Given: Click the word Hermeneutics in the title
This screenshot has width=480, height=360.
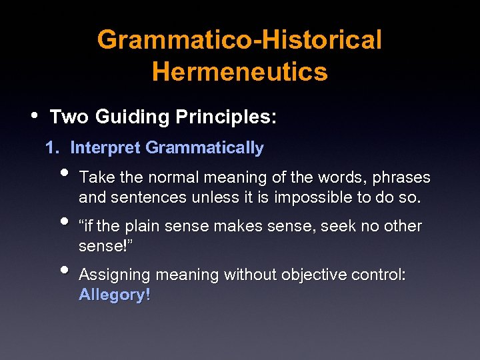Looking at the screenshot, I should pyautogui.click(x=240, y=71).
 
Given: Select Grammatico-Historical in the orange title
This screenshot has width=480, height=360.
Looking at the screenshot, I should pyautogui.click(x=240, y=40).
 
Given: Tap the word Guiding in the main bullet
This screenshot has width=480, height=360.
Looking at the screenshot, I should pyautogui.click(x=133, y=117).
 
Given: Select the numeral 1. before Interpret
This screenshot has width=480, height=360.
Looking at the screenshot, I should pyautogui.click(x=54, y=148).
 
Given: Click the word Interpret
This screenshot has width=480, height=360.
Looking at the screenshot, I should pyautogui.click(x=105, y=148).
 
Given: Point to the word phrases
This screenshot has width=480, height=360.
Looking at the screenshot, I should pyautogui.click(x=401, y=178).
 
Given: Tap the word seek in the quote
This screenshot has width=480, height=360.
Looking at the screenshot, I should pyautogui.click(x=338, y=227).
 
